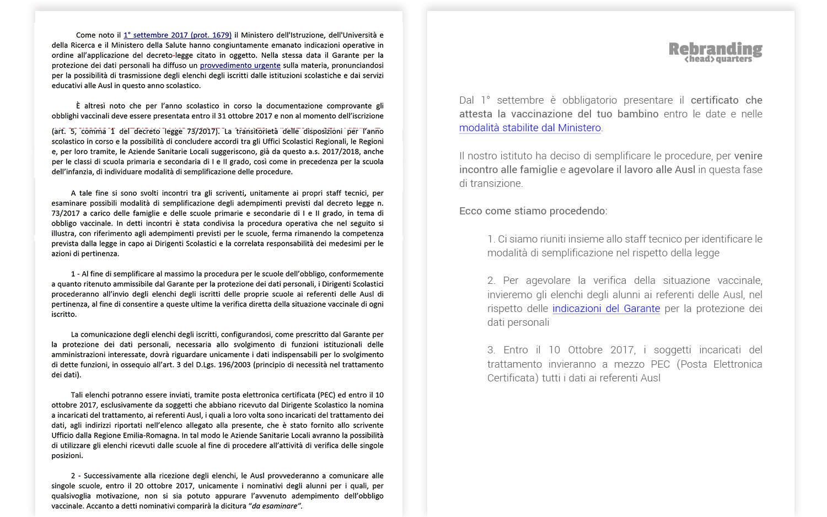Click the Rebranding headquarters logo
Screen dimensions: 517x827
[715, 52]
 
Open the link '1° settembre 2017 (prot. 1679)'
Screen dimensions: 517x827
[178, 35]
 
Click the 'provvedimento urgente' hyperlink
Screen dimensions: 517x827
[240, 66]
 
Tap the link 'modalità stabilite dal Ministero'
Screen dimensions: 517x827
[530, 128]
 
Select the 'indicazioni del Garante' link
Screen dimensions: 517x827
[606, 309]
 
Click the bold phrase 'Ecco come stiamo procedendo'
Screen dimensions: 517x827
[532, 211]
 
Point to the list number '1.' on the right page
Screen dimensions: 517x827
[491, 239]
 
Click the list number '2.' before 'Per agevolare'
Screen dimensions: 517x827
[491, 281]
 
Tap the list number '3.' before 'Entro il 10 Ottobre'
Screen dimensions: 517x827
[491, 350]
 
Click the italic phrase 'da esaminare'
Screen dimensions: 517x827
[275, 506]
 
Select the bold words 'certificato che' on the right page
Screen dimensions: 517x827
[726, 100]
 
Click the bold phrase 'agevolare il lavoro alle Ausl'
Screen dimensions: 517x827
[632, 170]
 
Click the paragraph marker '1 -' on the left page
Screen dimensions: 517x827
[76, 274]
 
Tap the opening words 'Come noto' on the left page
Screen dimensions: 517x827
[95, 35]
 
